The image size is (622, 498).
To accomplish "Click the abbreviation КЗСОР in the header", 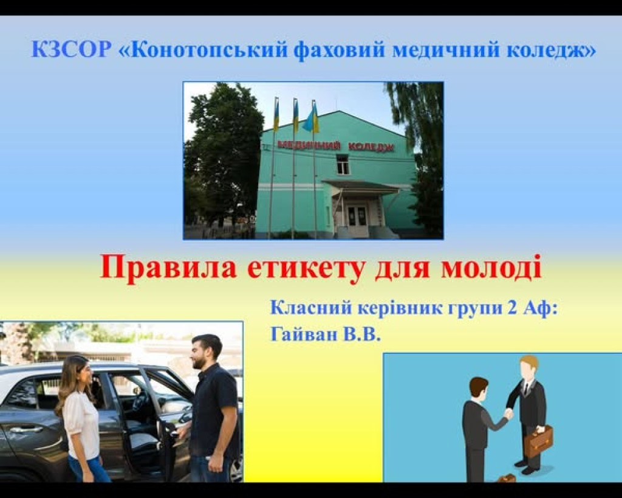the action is click(x=70, y=49).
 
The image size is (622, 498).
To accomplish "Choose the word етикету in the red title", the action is click(x=305, y=268).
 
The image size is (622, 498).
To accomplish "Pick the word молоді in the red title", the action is click(x=491, y=268).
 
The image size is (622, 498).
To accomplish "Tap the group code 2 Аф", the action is click(x=532, y=308).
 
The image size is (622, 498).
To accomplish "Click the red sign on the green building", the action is click(x=335, y=145).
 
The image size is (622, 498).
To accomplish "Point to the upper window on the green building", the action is click(x=343, y=164).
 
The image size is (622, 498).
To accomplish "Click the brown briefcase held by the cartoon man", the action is click(x=538, y=441).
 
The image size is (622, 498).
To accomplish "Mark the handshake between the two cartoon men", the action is click(x=508, y=414).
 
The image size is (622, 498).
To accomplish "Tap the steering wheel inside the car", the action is click(x=141, y=401).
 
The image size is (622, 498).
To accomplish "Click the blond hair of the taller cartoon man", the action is click(x=529, y=361).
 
